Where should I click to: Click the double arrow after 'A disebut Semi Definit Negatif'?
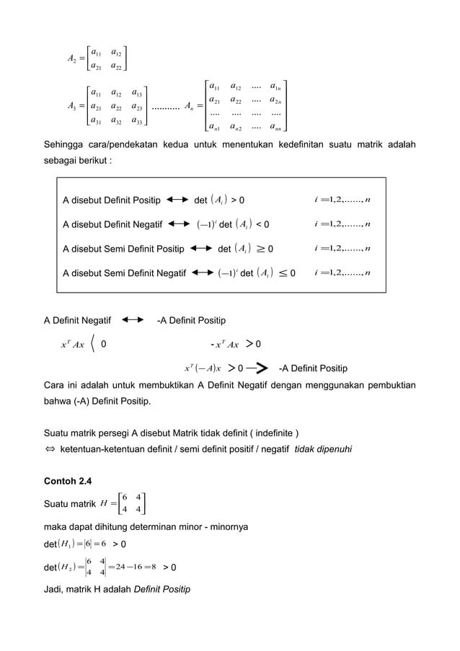coord(202,273)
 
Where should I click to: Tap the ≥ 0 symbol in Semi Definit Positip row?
coord(265,249)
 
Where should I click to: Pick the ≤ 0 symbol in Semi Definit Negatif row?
coord(287,273)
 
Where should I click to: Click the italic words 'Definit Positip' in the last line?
coord(162,589)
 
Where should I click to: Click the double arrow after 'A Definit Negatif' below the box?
coord(133,318)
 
